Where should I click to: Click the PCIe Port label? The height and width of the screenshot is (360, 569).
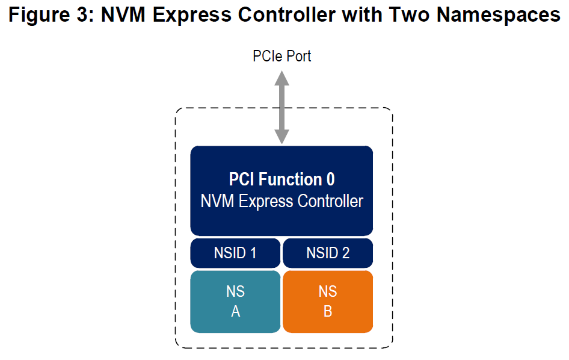click(x=281, y=57)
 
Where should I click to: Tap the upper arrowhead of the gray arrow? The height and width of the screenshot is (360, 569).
click(x=281, y=78)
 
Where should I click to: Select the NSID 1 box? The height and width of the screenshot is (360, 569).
click(x=235, y=253)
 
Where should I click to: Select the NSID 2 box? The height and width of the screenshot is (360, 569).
click(x=328, y=253)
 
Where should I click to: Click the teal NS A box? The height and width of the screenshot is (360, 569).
click(x=235, y=301)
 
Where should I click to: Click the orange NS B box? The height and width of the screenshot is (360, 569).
click(x=328, y=301)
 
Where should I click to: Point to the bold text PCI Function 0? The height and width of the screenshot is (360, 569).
click(x=281, y=179)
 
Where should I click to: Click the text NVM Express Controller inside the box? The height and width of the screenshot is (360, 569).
click(x=281, y=201)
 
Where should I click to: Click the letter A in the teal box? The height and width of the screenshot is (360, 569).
click(x=235, y=312)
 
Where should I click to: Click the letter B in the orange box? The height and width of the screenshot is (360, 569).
click(x=328, y=312)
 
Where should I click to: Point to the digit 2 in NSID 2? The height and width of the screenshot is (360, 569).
click(x=345, y=253)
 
